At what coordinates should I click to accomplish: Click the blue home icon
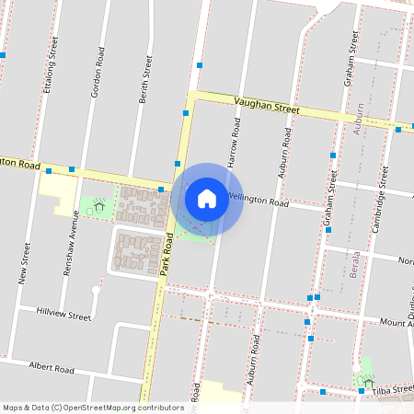207,198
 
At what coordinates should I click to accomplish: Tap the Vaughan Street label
267,108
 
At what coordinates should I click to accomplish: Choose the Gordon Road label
96,76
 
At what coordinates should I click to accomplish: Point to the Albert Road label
52,368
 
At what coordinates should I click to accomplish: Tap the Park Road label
167,255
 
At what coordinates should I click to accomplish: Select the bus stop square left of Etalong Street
4,55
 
